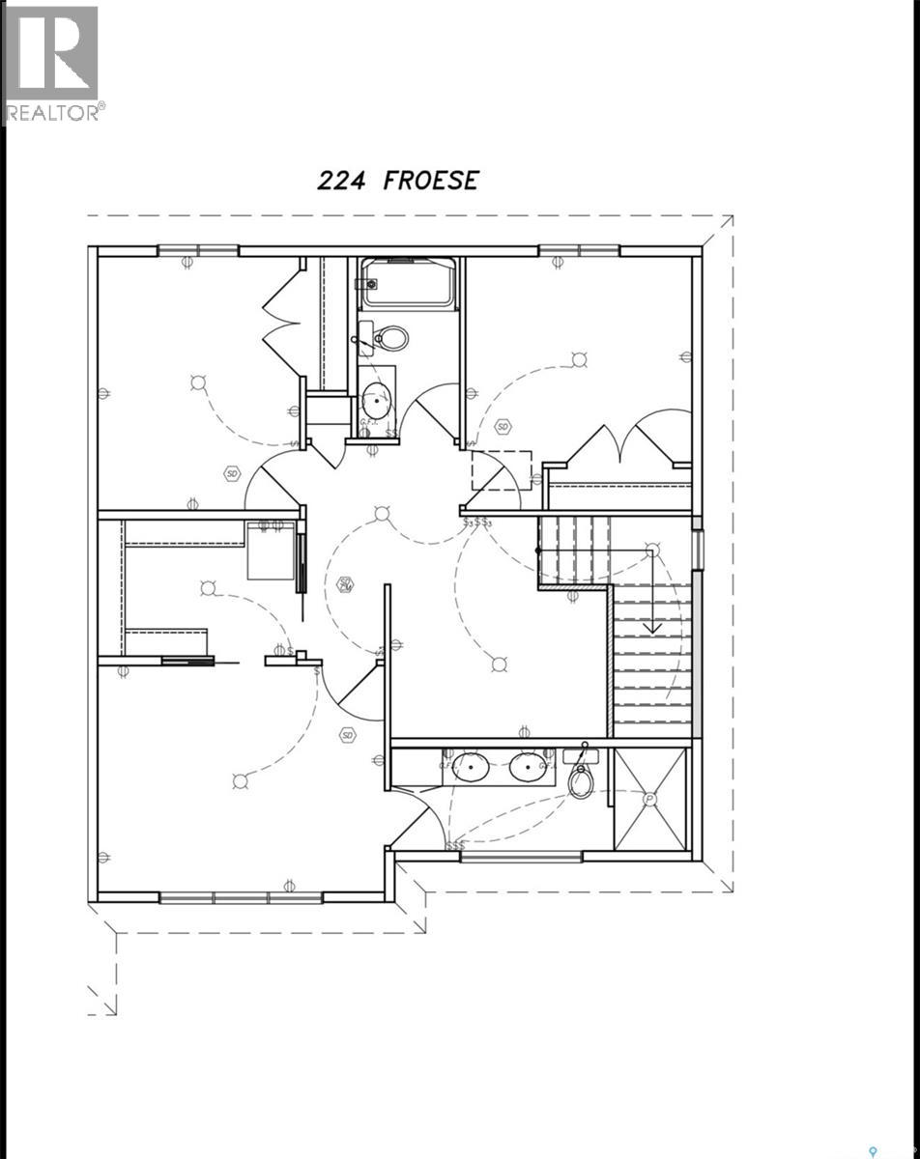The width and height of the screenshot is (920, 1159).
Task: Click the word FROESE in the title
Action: (x=430, y=181)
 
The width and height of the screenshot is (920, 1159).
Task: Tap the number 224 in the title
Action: (x=341, y=181)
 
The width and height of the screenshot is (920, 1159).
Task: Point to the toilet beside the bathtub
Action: (x=388, y=338)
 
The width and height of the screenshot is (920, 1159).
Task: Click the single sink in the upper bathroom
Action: (x=376, y=398)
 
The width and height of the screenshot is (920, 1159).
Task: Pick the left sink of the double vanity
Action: (x=471, y=768)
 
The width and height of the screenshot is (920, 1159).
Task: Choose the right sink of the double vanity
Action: (x=529, y=768)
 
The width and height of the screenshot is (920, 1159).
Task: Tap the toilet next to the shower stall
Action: (x=581, y=778)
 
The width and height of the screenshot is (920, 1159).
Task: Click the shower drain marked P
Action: (x=650, y=800)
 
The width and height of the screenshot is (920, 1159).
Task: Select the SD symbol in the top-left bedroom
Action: (x=232, y=473)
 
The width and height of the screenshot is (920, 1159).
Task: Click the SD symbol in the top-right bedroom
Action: (x=503, y=426)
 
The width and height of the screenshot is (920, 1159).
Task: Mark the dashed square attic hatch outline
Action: (x=501, y=470)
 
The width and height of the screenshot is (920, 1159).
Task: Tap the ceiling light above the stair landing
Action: (x=652, y=551)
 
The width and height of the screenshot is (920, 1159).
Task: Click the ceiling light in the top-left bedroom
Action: (x=198, y=382)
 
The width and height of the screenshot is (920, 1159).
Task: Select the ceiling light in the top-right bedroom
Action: (x=579, y=360)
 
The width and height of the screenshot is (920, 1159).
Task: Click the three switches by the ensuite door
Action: (x=455, y=846)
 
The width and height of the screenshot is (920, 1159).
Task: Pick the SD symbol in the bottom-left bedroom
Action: (x=347, y=736)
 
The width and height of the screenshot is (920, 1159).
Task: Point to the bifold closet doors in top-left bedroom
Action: (x=280, y=322)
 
